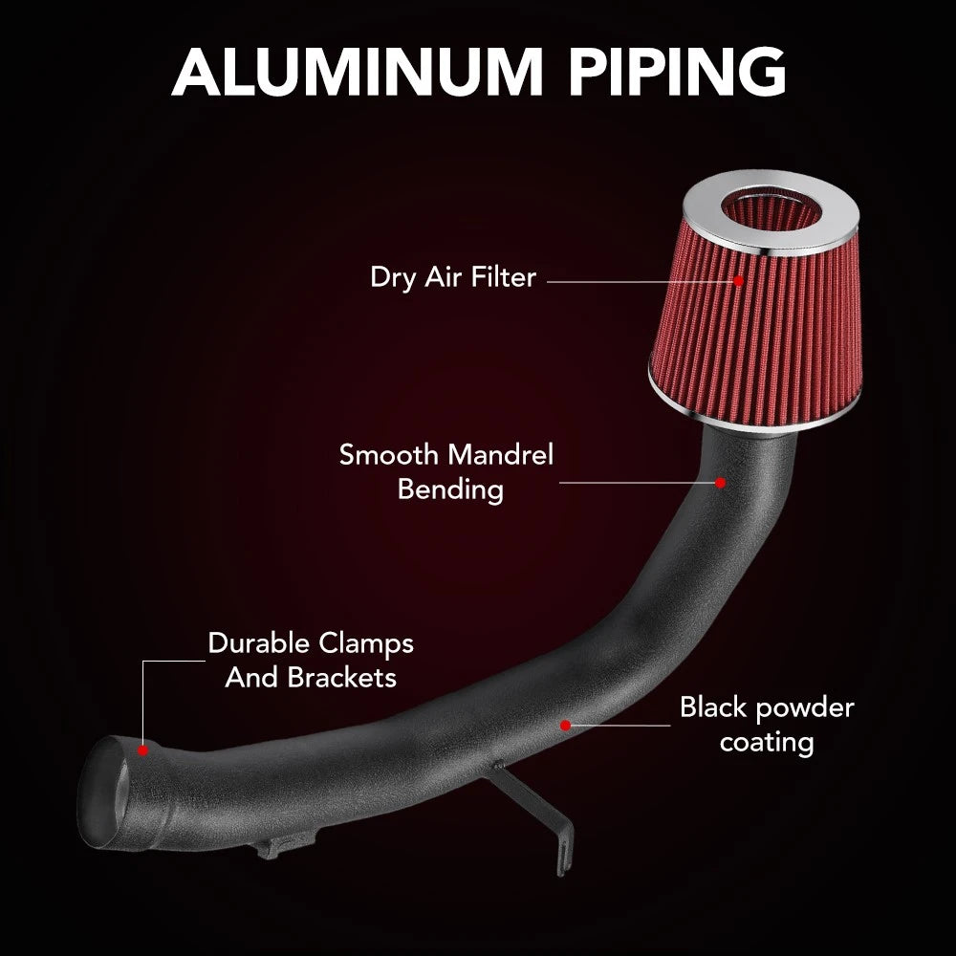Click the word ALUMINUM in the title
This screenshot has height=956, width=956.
[x=357, y=72]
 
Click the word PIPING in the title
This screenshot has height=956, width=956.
[x=677, y=72]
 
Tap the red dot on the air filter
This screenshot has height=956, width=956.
[x=738, y=281]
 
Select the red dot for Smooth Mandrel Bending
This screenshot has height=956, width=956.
[x=720, y=482]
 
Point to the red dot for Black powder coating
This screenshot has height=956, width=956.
[x=565, y=725]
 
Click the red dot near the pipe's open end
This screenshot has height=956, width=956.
[x=142, y=750]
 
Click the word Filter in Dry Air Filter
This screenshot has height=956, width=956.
[x=503, y=277]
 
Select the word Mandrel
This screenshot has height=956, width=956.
[x=500, y=455]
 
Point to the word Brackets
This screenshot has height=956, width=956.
[x=342, y=678]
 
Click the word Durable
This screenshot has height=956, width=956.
[x=259, y=643]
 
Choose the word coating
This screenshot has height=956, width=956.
[x=767, y=743]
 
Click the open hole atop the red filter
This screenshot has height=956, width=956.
[x=770, y=210]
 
